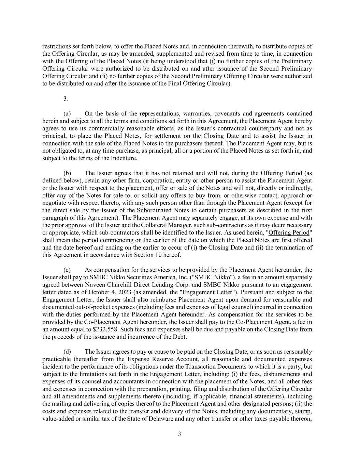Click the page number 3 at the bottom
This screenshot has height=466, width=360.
pyautogui.click(x=179, y=434)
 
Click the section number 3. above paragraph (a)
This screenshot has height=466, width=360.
pyautogui.click(x=66, y=99)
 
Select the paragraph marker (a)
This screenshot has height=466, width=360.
pyautogui.click(x=67, y=113)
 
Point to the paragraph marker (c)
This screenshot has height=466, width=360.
pyautogui.click(x=67, y=270)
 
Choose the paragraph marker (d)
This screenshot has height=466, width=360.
pyautogui.click(x=67, y=352)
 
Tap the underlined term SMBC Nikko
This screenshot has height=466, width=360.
pyautogui.click(x=212, y=277)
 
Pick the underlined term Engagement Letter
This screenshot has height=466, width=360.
pyautogui.click(x=207, y=292)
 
